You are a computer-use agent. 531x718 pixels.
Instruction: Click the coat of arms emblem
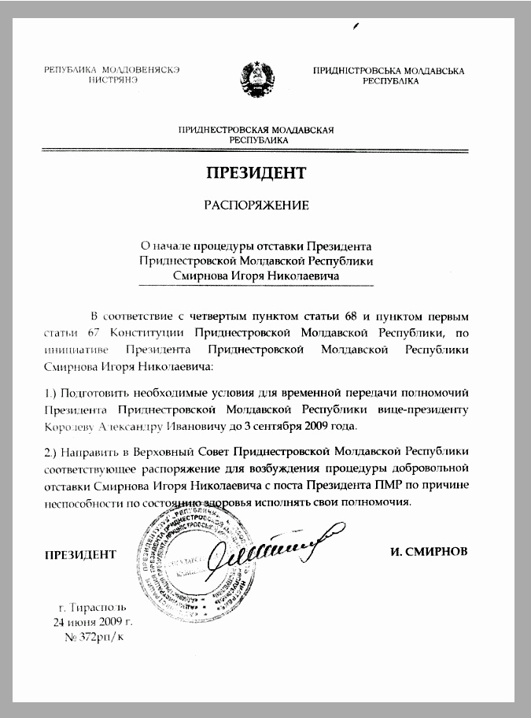coord(256,76)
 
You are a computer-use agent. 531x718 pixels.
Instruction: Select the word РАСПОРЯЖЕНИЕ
coord(256,206)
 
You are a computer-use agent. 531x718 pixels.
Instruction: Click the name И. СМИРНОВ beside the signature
coord(429,552)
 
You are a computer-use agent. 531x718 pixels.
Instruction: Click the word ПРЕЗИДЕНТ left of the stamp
coord(80,553)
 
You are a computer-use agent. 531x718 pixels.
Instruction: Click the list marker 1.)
coord(53,392)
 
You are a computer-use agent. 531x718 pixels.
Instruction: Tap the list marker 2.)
coord(53,452)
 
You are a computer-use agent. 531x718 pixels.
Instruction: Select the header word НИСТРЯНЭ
coord(114,80)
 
